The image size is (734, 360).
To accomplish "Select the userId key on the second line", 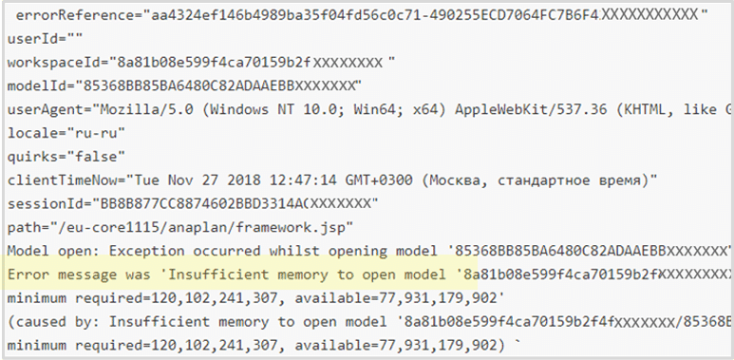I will click(27, 40).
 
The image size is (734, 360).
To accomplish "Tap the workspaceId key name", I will click(51, 63).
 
